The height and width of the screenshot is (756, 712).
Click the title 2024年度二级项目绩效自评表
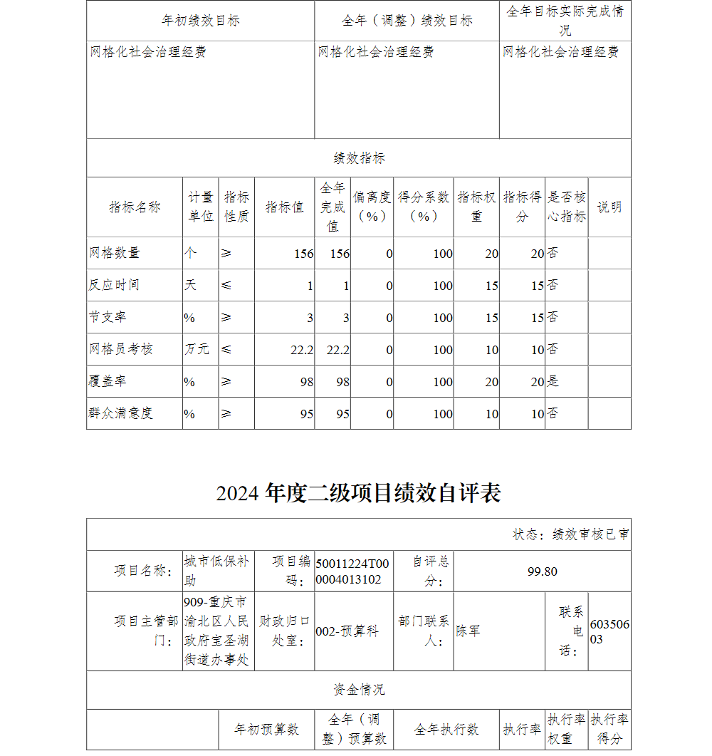[358, 493]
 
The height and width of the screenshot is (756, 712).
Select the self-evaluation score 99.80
[542, 571]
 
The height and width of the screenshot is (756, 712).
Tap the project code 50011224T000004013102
[353, 571]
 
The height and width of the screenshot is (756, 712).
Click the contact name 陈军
[468, 631]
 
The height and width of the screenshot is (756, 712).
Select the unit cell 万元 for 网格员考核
[197, 349]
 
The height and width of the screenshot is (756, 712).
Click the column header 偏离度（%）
[372, 207]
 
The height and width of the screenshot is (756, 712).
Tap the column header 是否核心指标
[567, 207]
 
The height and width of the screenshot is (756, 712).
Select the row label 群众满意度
[121, 413]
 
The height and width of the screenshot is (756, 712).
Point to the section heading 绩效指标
[358, 158]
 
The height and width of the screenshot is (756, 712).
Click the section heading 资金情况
[358, 690]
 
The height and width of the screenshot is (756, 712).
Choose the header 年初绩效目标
[201, 21]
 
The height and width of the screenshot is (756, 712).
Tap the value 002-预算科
[347, 631]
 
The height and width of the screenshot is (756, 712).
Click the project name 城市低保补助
[216, 571]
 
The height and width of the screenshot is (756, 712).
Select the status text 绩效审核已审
[570, 534]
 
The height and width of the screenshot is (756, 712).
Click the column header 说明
[609, 207]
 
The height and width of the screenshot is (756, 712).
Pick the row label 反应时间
[114, 285]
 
